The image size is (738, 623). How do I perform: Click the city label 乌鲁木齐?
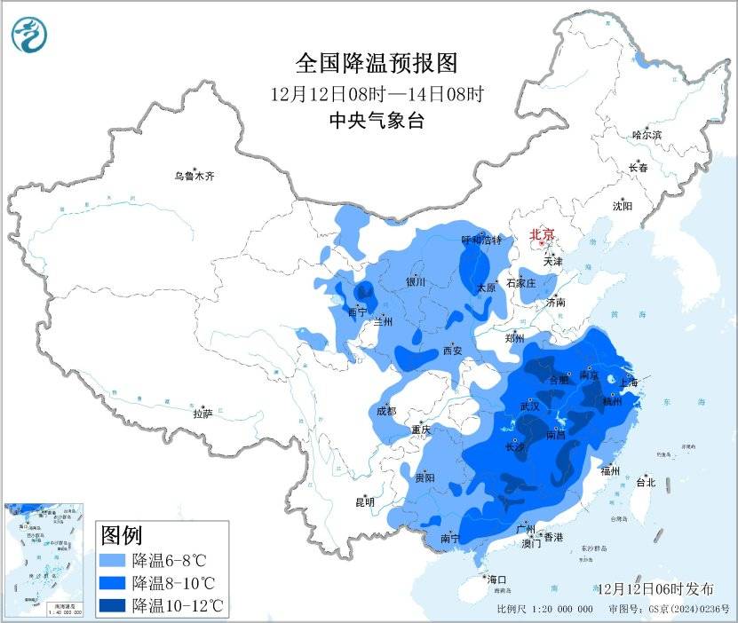(x=194, y=177)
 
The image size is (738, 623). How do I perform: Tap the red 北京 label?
(x=542, y=234)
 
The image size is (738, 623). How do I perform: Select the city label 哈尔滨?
(x=647, y=135)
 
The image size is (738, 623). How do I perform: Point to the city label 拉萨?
(x=203, y=414)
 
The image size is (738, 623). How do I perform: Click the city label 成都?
(x=385, y=411)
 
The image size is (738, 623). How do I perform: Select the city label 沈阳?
(x=622, y=206)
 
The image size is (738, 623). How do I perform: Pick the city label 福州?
(x=609, y=470)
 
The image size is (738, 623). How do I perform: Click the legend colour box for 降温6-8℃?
(x=113, y=562)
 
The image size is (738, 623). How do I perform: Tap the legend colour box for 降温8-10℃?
(x=113, y=583)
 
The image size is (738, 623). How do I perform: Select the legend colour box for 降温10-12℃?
(x=113, y=605)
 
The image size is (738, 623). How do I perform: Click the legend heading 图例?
(x=122, y=536)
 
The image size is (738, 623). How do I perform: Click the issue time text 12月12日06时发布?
(x=655, y=589)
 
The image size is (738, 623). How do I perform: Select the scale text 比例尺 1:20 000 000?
(x=544, y=610)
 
